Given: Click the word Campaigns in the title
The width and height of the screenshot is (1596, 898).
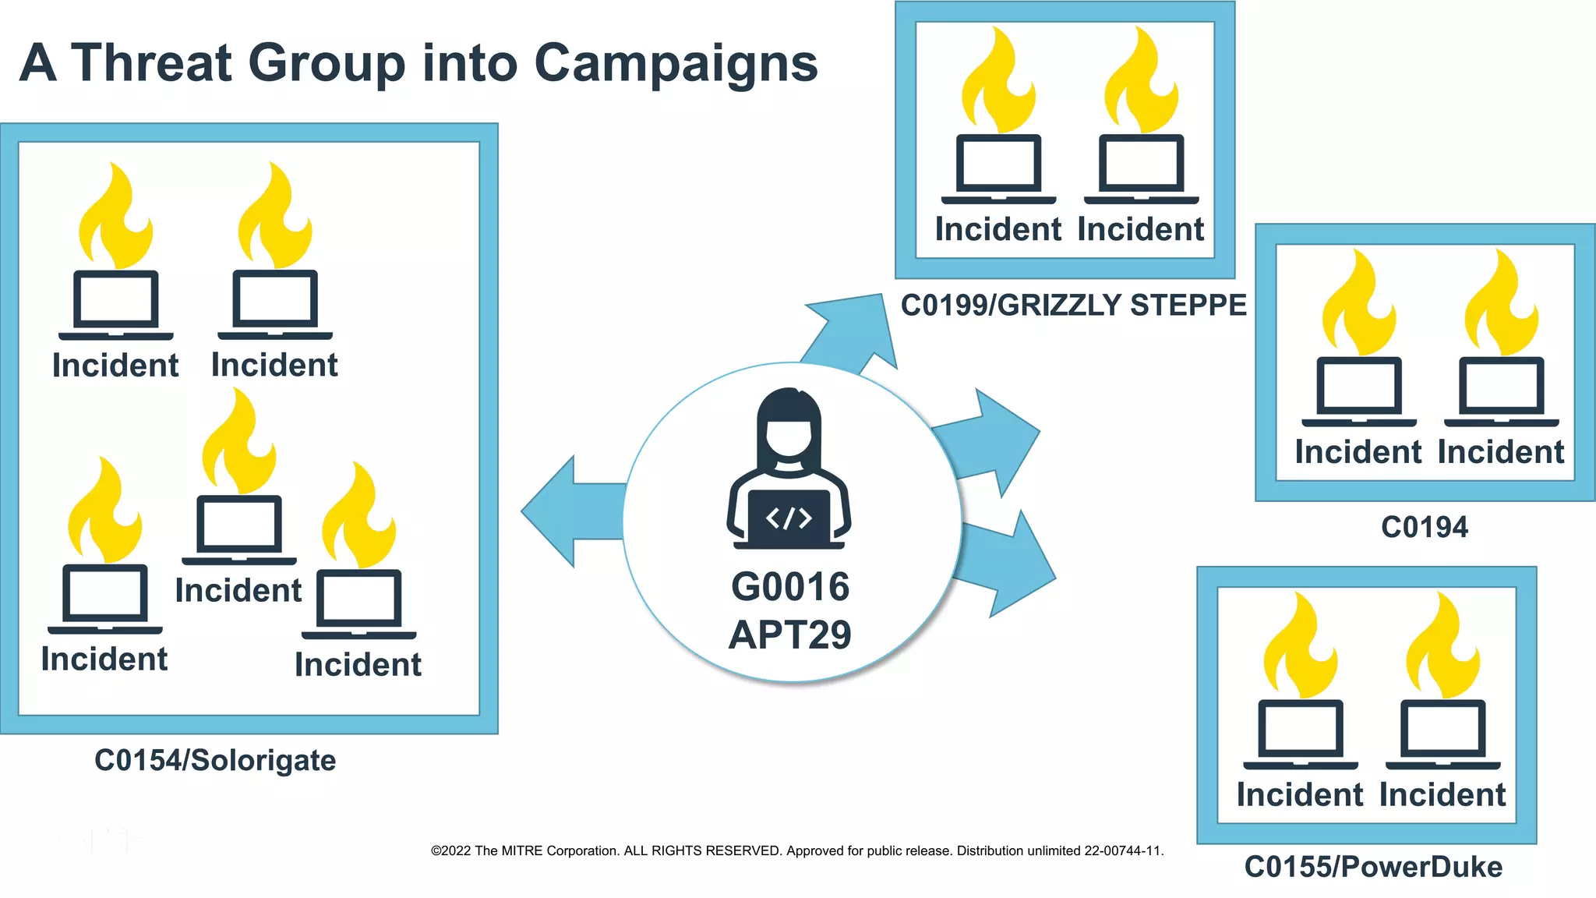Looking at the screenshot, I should click(x=676, y=63).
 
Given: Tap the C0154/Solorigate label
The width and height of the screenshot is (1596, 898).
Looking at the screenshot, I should click(x=215, y=760).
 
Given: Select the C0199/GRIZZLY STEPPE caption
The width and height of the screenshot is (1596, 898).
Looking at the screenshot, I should click(x=1073, y=305).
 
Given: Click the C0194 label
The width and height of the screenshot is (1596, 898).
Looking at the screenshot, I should click(x=1424, y=528).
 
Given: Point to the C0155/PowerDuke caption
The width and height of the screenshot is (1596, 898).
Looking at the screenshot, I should click(x=1373, y=867).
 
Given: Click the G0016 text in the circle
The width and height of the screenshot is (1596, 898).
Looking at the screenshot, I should click(x=789, y=587).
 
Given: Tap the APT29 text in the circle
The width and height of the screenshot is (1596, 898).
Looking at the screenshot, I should click(x=789, y=635).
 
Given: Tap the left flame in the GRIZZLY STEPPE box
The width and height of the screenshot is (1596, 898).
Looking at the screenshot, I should click(x=998, y=82).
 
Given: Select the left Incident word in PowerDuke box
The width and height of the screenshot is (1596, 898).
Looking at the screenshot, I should click(x=1300, y=795).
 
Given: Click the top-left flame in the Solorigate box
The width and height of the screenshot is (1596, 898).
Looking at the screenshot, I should click(x=116, y=218).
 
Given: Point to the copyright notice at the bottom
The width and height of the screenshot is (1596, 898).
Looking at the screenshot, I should click(x=796, y=850).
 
